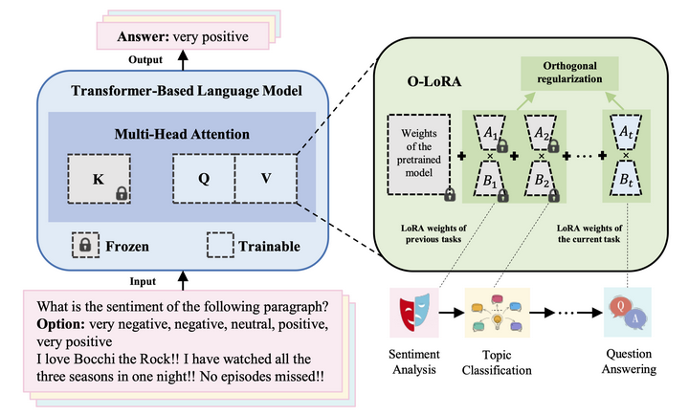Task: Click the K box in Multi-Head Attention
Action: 100,179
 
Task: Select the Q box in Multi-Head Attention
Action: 204,179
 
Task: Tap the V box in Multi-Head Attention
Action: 267,179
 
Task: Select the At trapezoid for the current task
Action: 626,133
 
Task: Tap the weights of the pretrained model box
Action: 418,157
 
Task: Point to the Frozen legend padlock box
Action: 85,246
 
